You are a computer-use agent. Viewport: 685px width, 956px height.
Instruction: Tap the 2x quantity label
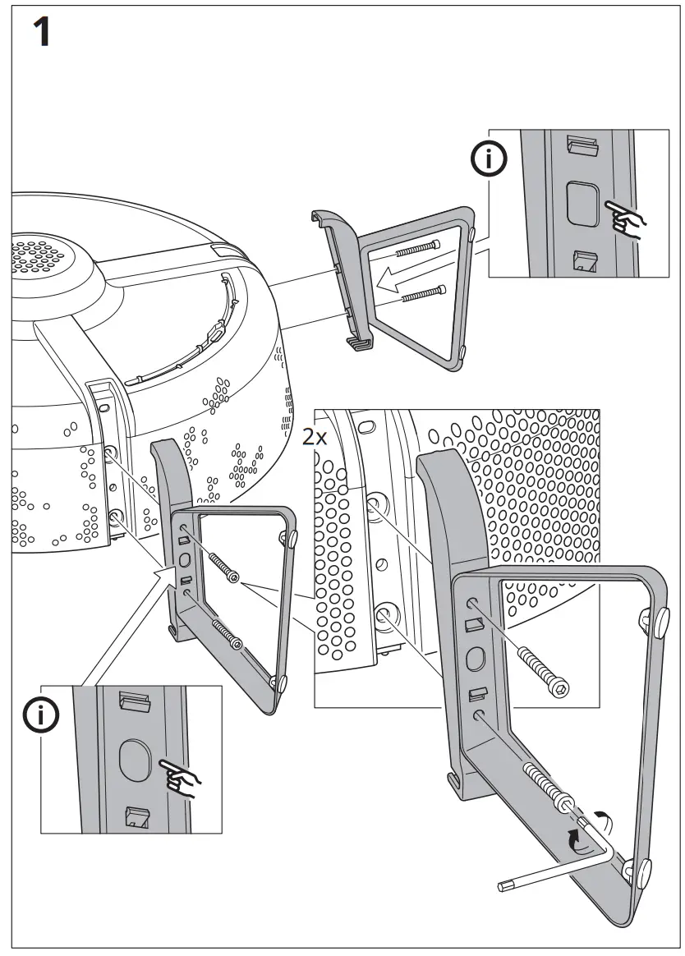coord(314,438)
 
